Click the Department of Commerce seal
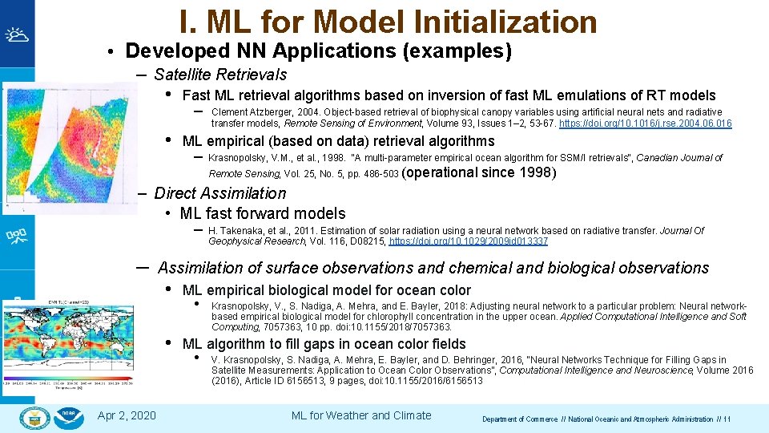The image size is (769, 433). pos(34,417)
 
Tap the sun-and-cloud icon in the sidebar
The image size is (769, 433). pos(17,34)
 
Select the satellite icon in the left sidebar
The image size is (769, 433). pos(17,235)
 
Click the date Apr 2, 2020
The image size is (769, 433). pos(127,415)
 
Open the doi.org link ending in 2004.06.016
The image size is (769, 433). pos(645,123)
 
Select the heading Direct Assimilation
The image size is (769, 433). pos(219,193)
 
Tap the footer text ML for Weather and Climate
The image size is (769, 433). pos(360,415)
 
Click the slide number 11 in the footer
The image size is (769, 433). pos(727,419)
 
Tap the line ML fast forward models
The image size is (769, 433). pos(263,213)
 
